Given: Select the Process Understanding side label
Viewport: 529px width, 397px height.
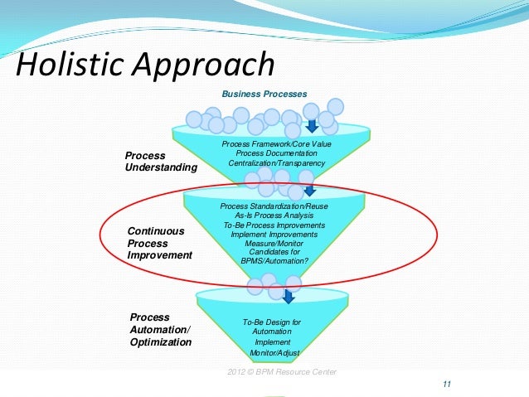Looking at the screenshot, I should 161,162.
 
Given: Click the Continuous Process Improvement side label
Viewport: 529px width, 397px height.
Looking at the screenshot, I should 159,243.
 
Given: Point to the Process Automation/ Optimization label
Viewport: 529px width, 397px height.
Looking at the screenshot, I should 161,329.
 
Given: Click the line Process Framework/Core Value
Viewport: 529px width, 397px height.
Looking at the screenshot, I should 271,144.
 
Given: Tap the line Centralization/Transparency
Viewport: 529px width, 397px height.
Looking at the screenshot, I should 271,163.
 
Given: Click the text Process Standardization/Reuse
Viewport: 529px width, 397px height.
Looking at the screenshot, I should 274,205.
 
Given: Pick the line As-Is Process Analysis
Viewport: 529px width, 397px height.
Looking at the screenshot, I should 273,215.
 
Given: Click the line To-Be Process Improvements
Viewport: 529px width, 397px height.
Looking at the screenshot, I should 274,225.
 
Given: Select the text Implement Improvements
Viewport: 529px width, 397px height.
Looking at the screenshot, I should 273,235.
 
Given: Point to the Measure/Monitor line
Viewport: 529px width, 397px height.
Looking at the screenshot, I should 274,244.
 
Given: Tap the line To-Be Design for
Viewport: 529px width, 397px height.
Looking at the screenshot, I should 271,322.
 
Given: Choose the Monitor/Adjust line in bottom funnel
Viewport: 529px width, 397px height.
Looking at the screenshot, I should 274,353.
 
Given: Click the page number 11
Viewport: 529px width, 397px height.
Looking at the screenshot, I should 447,383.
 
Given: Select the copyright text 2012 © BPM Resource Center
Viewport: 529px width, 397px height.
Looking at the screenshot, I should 282,371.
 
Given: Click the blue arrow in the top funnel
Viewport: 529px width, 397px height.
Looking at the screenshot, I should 312,125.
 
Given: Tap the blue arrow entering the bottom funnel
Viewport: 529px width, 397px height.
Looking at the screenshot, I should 289,296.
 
